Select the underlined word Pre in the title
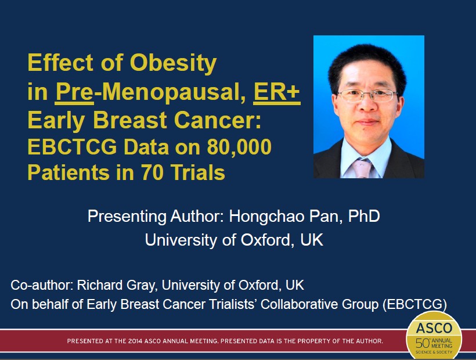click(74, 92)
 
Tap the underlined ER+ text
click(277, 92)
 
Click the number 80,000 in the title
click(239, 147)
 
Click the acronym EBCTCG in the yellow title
click(72, 147)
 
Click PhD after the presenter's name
click(364, 216)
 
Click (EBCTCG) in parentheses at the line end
click(414, 304)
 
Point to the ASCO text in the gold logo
click(434, 328)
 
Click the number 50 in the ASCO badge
click(422, 343)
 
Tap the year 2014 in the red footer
click(135, 341)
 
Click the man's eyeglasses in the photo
click(367, 95)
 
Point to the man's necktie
click(362, 168)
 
